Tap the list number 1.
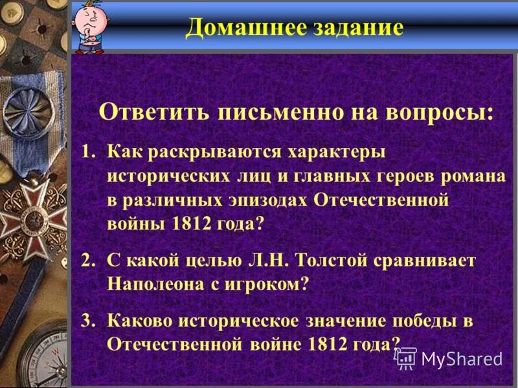[87, 152]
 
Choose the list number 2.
[87, 261]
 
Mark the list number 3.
[87, 320]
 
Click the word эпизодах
[258, 199]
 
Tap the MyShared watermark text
[461, 358]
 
